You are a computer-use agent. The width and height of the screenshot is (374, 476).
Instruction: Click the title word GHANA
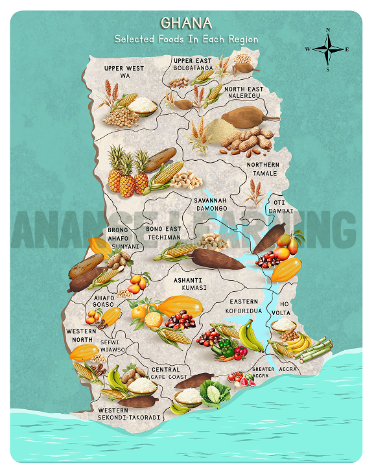(x=186, y=23)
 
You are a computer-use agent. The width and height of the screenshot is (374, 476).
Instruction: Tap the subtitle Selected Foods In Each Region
(x=186, y=39)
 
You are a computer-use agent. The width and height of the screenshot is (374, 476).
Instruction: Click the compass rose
(x=328, y=49)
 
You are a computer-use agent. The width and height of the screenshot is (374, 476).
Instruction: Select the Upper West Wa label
(x=124, y=71)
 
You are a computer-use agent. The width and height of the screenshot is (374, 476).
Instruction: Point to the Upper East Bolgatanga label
(x=193, y=64)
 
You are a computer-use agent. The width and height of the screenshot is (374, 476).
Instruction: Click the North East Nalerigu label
(x=244, y=92)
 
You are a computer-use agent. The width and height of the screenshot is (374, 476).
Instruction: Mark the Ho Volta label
(x=286, y=307)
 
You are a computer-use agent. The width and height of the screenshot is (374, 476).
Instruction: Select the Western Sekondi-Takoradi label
(x=128, y=414)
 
